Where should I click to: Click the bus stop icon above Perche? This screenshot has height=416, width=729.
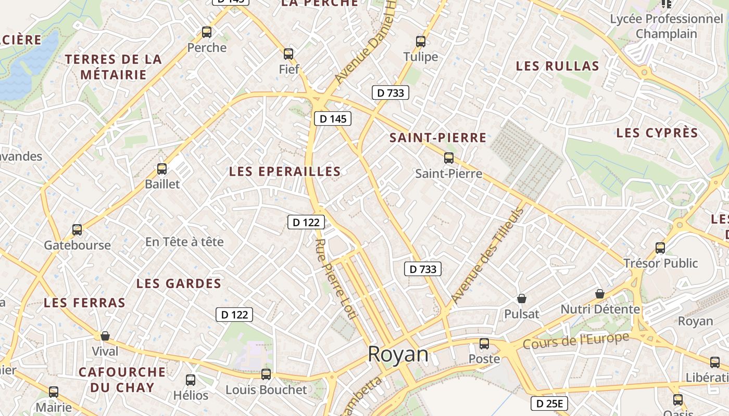207,32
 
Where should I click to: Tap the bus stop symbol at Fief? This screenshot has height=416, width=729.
288,54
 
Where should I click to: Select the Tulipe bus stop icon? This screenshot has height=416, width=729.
421,42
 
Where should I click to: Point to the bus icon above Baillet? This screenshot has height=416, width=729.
162,168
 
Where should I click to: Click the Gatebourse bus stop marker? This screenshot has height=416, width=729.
77,229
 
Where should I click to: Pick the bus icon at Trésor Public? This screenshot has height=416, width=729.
660,248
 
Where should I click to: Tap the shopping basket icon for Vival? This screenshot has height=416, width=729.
105,336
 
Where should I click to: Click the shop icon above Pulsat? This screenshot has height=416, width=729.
521,298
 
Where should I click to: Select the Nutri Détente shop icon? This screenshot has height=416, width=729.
600,294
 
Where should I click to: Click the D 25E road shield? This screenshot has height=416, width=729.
549,403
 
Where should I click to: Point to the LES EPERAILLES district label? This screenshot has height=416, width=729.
285,171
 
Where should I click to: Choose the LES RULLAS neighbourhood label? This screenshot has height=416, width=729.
557,66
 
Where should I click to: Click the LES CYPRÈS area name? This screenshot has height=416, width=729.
657,133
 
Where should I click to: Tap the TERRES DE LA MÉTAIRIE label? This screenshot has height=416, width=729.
114,67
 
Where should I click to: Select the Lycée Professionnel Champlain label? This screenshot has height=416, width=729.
667,26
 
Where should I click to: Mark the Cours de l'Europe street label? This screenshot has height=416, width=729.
575,341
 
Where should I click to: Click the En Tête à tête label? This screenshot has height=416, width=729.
184,242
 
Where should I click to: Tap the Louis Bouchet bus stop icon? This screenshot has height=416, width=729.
266,374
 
